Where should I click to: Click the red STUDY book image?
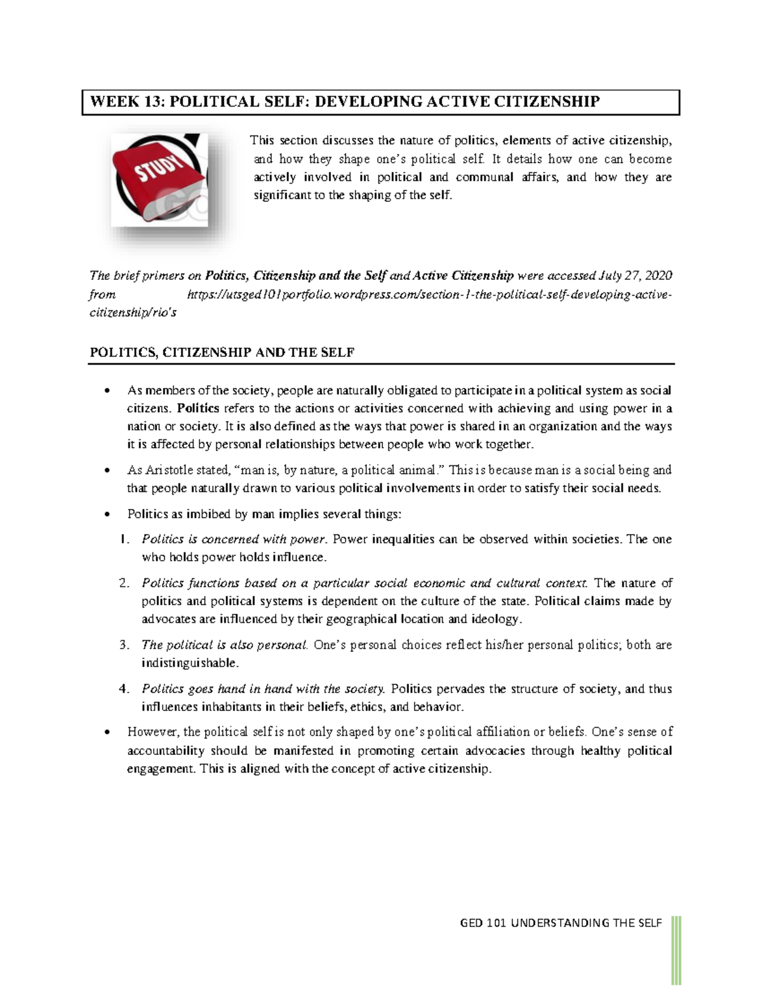coord(159,180)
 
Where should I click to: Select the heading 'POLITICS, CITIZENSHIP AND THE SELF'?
coord(222,352)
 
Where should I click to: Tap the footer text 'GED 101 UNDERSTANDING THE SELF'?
coord(561,923)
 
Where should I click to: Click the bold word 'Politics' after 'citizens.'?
coord(198,408)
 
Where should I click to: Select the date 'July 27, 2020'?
coord(635,276)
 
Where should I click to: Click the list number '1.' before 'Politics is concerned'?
coord(124,539)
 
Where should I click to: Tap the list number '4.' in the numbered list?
coord(124,689)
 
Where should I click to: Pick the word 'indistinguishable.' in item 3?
coord(190,663)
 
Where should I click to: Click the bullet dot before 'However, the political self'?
coord(107,733)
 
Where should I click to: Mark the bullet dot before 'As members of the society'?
coord(107,391)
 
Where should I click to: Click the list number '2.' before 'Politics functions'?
coord(124,583)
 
